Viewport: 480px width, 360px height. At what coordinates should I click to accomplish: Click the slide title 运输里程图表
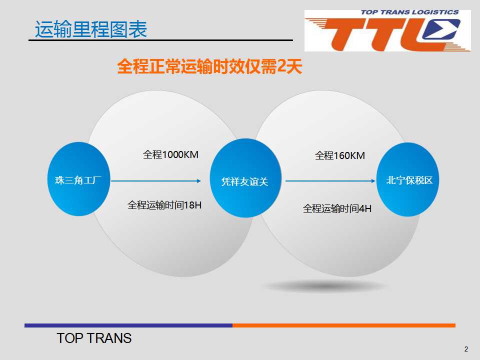[91, 29]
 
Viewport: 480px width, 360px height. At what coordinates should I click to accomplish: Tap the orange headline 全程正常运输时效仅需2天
[209, 66]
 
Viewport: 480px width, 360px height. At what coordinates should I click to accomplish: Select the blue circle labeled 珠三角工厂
[78, 179]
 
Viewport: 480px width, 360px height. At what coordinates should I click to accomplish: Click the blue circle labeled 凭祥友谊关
[245, 178]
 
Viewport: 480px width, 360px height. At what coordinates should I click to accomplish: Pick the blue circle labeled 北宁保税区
[408, 179]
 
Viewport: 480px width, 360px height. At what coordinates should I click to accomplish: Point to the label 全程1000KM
[170, 154]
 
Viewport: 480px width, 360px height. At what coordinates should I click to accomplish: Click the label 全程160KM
[340, 155]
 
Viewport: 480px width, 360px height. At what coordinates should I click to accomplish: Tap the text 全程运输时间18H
[164, 205]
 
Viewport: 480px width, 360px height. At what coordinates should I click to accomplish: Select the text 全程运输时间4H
[337, 209]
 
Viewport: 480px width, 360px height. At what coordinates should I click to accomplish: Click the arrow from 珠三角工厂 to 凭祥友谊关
[156, 181]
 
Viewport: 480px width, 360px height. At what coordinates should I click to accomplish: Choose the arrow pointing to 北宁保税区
[330, 181]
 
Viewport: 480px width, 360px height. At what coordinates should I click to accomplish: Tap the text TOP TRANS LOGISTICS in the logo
[409, 12]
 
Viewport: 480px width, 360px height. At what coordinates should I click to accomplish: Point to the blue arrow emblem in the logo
[441, 29]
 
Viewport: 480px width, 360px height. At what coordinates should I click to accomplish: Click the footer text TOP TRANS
[94, 338]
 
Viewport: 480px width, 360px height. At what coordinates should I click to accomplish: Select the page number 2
[466, 349]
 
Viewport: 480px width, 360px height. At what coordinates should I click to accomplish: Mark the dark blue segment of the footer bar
[128, 325]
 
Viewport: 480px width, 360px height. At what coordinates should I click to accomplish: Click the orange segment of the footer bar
[344, 325]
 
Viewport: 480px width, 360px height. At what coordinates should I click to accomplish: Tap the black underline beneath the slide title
[160, 40]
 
